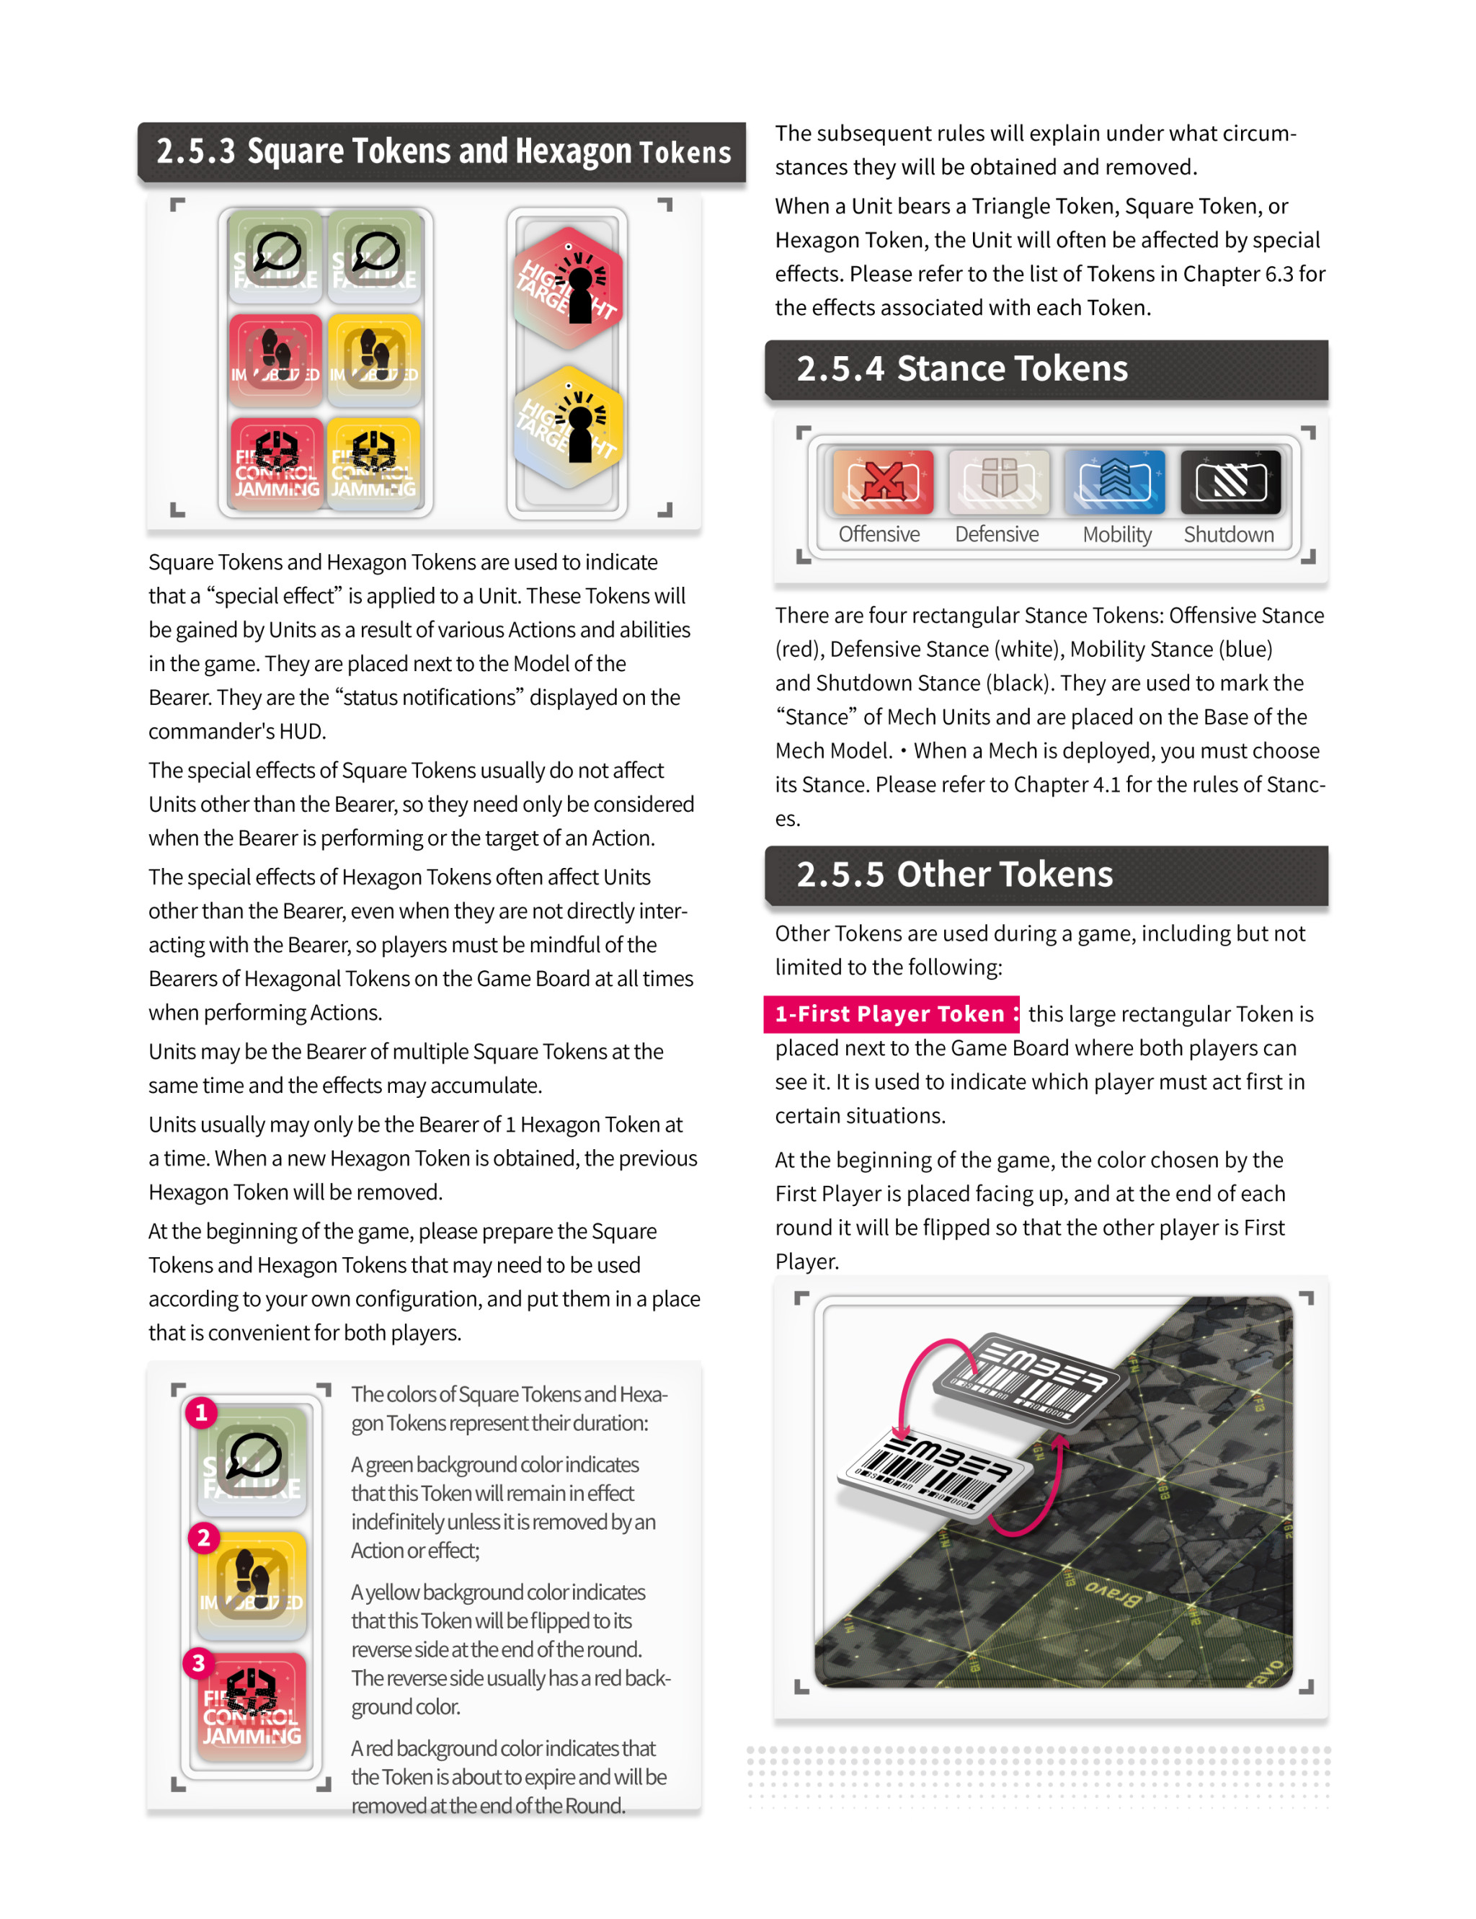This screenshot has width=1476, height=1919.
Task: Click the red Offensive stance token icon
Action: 883,482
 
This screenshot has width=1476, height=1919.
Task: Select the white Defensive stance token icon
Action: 999,482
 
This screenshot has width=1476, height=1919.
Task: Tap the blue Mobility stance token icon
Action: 1115,482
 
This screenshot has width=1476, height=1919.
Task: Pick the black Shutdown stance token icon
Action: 1231,482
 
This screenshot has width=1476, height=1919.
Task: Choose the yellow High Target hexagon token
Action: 569,427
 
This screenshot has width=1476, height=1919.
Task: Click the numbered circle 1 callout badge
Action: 201,1412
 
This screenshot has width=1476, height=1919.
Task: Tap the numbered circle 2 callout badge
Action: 204,1538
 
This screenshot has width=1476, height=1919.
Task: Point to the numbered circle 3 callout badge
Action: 199,1662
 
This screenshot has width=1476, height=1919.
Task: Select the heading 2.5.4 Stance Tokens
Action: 962,368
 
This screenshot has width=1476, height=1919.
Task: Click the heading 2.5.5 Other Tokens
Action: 954,874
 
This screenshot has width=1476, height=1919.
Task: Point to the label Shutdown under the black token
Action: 1228,534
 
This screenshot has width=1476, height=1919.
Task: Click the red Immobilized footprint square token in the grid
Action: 276,357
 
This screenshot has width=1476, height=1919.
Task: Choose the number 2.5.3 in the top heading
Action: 196,151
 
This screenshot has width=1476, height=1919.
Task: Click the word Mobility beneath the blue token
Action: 1116,534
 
